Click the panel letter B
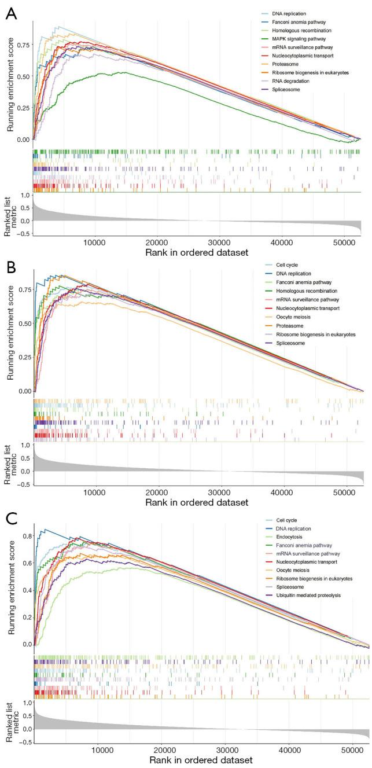click(10, 269)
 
